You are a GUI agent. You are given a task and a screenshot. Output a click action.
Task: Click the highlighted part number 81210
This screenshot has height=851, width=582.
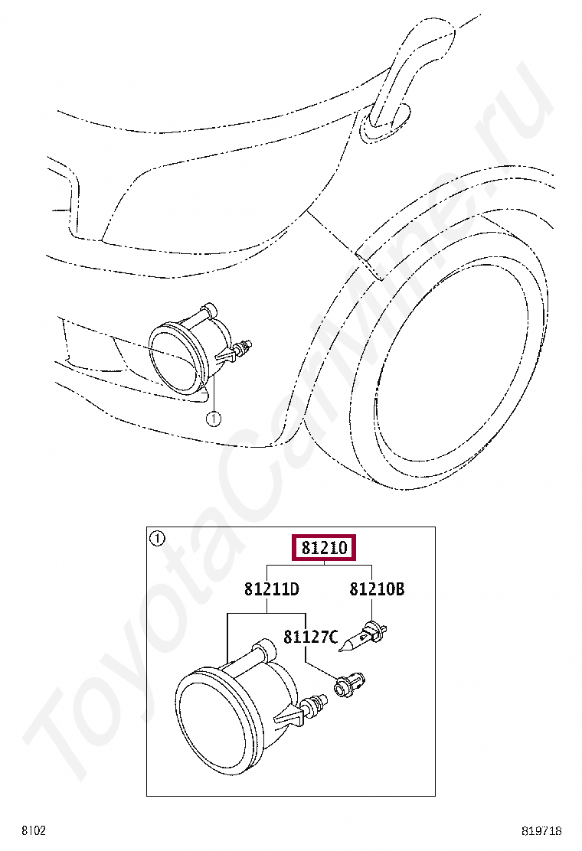coord(324,548)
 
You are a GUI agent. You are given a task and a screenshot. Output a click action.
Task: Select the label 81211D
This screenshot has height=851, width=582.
coord(271,589)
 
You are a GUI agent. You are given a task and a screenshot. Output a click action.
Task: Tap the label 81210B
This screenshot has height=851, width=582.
coord(377,589)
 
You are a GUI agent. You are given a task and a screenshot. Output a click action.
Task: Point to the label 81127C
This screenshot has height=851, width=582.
coord(311,636)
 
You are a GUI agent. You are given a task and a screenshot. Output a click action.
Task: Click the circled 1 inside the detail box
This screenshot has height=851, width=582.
coord(157,539)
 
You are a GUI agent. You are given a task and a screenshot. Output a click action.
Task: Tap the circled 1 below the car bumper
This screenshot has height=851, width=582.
coord(214,418)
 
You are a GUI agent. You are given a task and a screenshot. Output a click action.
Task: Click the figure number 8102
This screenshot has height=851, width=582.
coord(34,830)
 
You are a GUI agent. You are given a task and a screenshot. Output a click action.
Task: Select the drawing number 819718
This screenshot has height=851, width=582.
coord(541,830)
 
